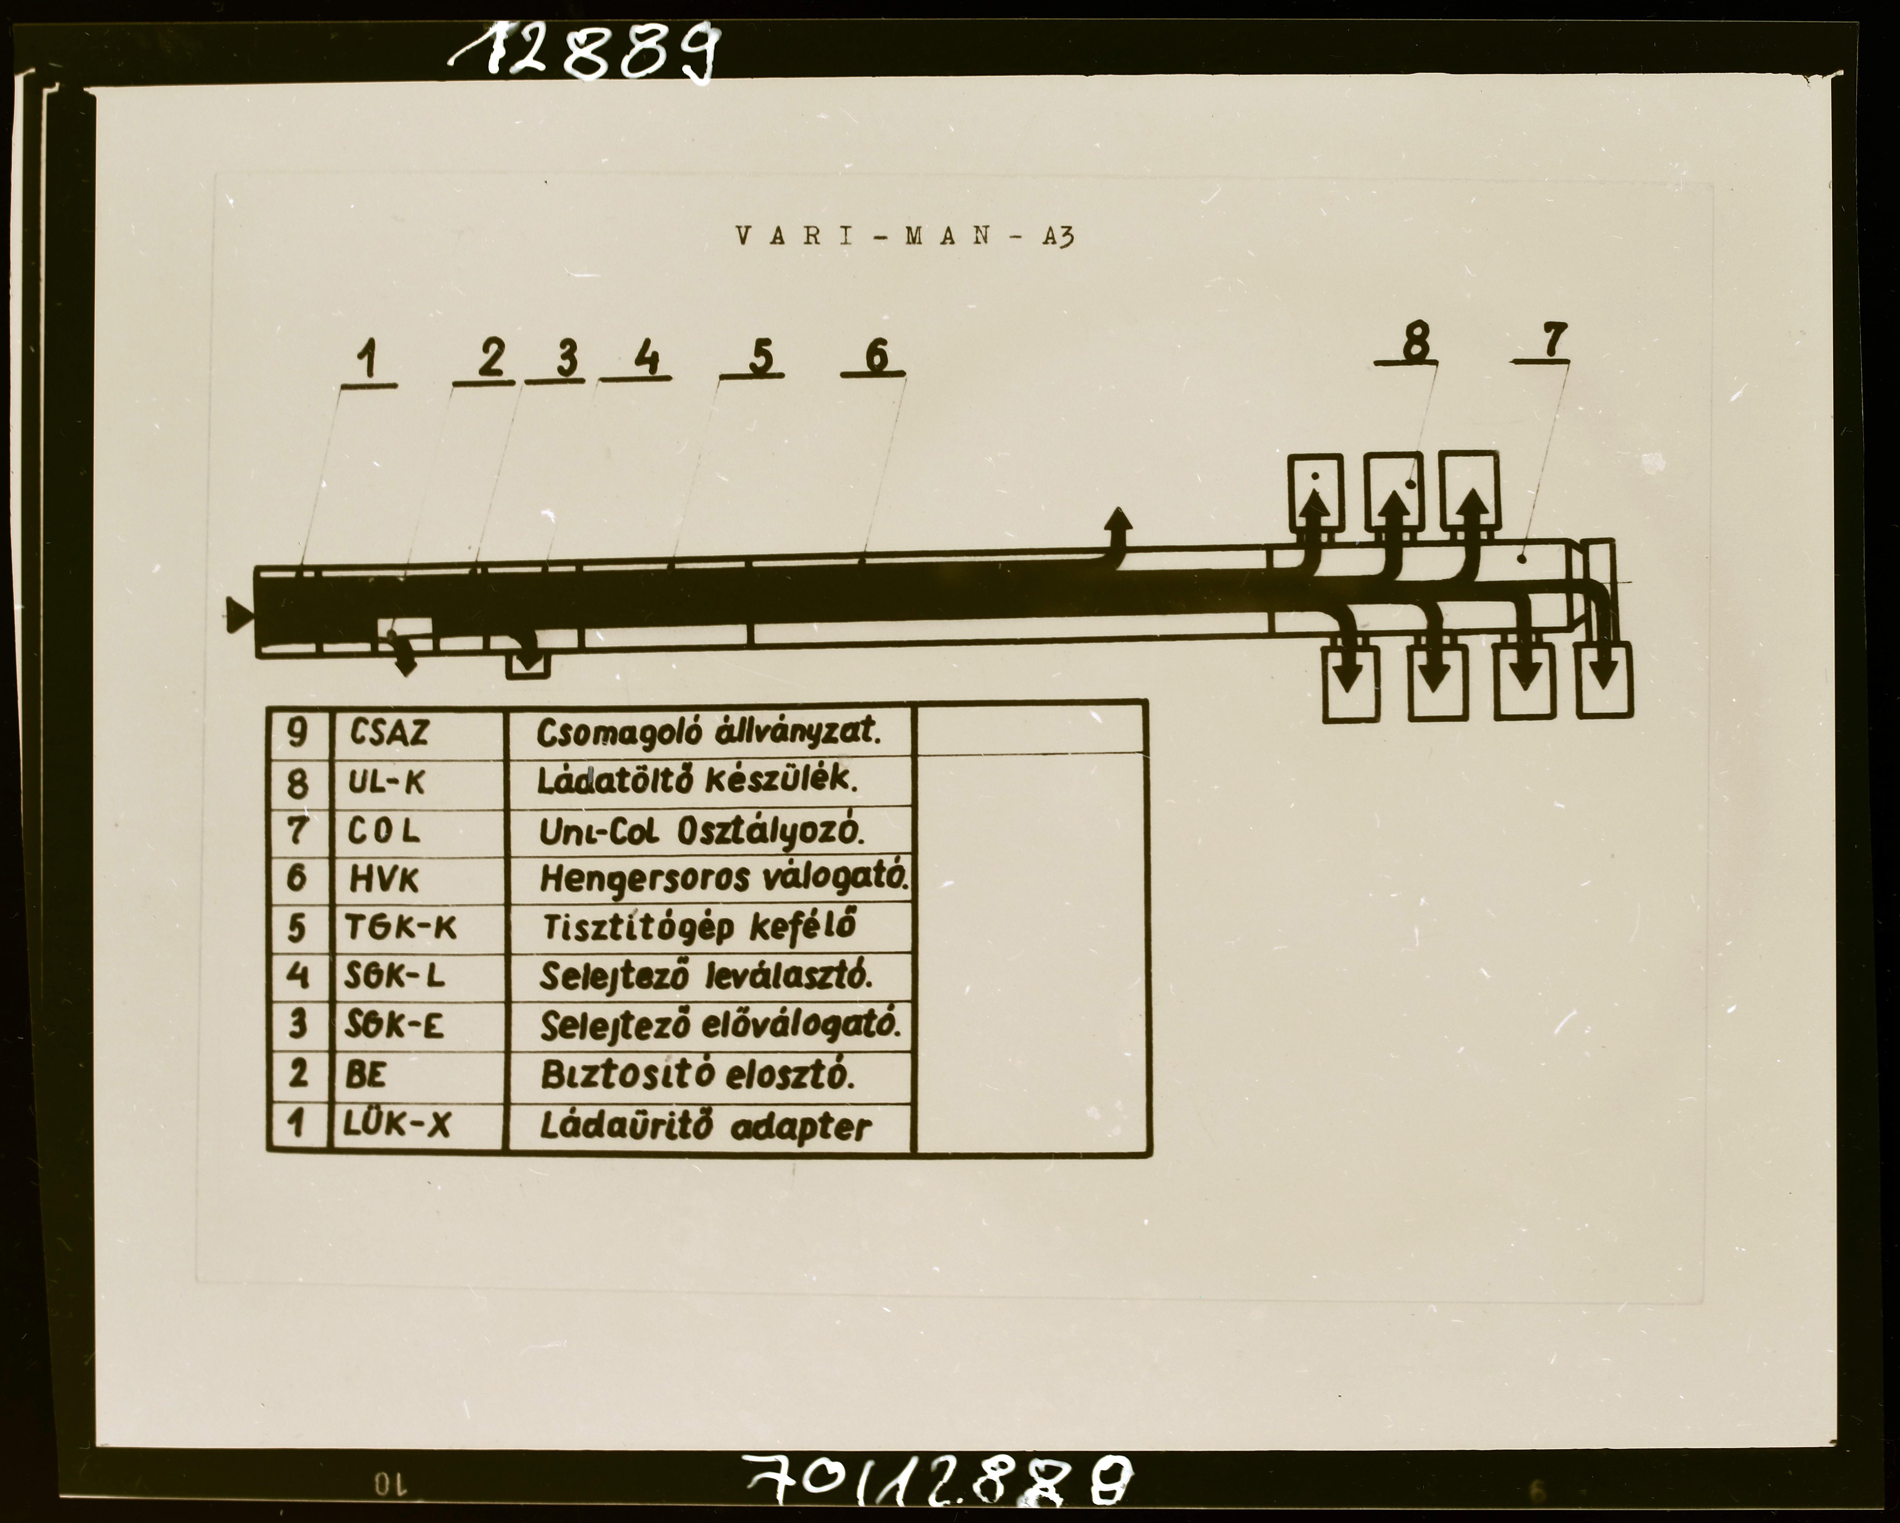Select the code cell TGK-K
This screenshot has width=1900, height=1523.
click(x=401, y=927)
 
